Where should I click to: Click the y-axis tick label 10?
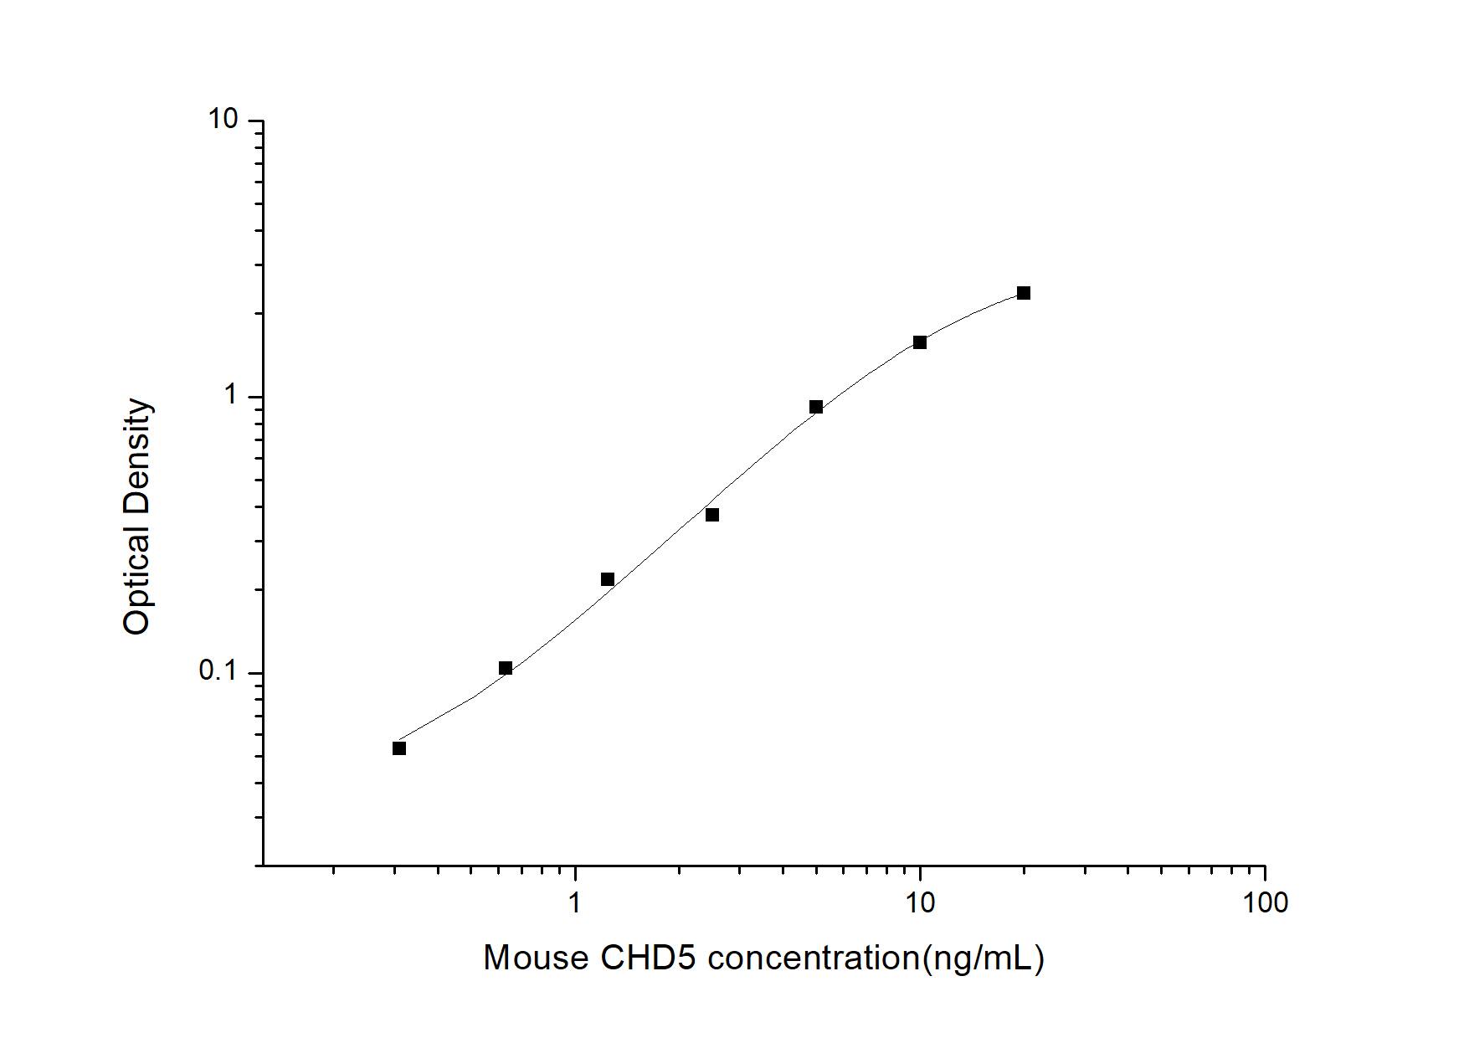[x=223, y=121]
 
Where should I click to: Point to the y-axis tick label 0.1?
[x=218, y=671]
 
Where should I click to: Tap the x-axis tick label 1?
[x=574, y=902]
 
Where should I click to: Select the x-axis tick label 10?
[x=920, y=902]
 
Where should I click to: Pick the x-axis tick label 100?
[x=1265, y=902]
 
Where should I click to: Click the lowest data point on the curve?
[x=399, y=748]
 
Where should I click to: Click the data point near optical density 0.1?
[x=506, y=668]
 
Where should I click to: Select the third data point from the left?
[x=608, y=579]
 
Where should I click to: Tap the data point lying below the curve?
[x=712, y=515]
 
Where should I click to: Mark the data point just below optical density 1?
[x=816, y=408]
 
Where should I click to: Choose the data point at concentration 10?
[x=920, y=342]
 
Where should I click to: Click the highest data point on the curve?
[x=1024, y=293]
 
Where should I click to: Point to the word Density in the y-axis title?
[x=136, y=453]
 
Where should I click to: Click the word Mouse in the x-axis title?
[x=536, y=958]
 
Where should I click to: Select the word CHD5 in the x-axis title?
[x=646, y=958]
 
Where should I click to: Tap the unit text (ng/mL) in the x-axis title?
[x=983, y=958]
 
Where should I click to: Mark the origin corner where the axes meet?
[x=263, y=865]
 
